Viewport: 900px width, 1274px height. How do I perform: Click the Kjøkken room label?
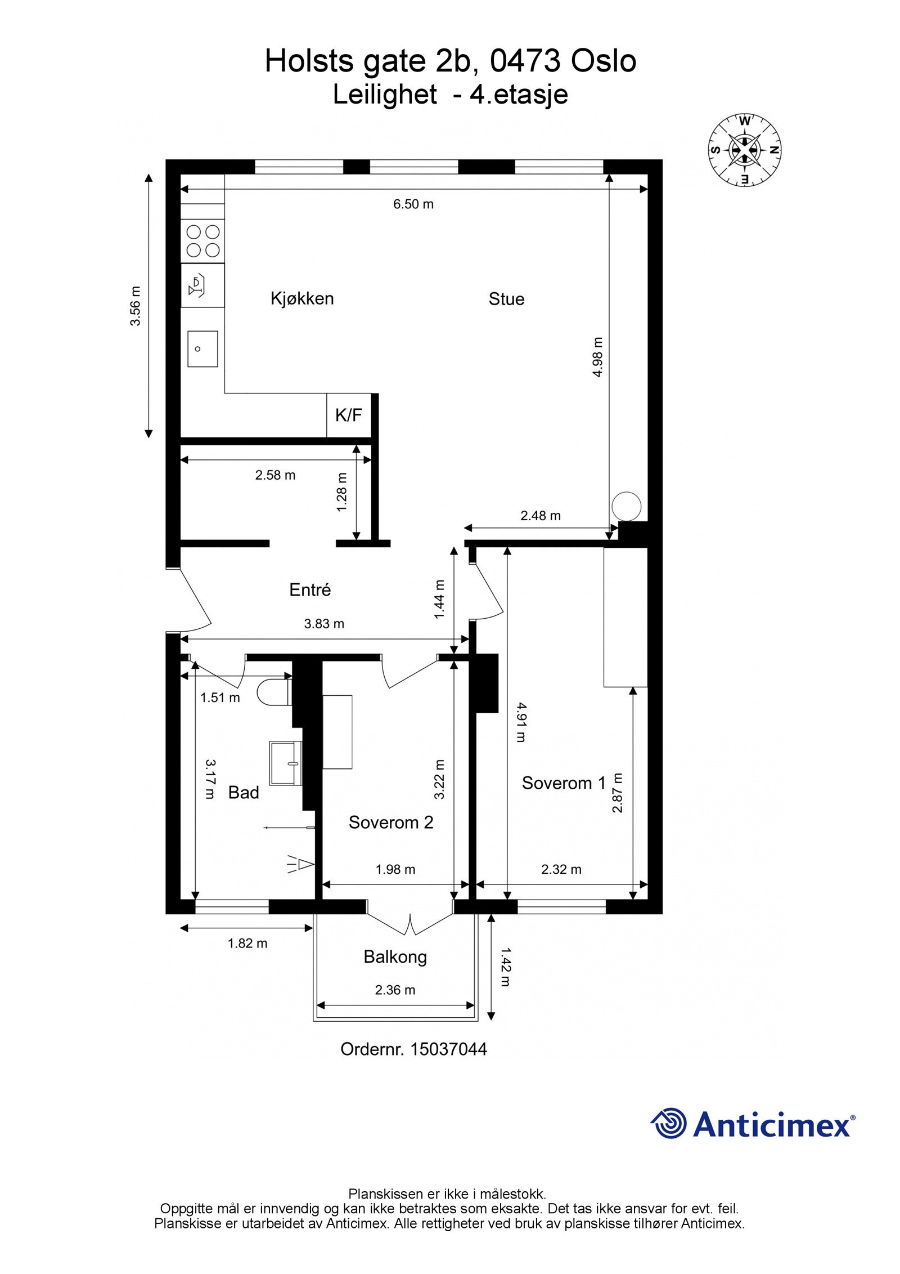coord(302,298)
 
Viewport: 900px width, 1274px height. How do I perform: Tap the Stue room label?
coord(506,299)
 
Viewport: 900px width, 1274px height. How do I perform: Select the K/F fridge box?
coord(349,415)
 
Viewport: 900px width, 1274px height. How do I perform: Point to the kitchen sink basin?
coord(202,348)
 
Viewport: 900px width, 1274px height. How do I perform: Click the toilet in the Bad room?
coord(274,692)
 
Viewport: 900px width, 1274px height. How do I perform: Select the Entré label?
coord(310,590)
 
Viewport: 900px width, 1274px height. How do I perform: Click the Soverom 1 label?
coord(564,783)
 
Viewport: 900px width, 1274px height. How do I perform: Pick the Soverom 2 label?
coord(391,822)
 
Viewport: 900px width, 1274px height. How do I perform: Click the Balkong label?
coord(395,957)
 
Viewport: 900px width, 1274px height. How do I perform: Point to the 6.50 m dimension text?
coord(413,204)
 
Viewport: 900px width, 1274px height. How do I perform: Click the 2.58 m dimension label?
coord(275,475)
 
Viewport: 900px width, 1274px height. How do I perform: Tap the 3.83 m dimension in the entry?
coord(324,624)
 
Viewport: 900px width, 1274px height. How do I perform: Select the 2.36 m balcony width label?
coord(395,990)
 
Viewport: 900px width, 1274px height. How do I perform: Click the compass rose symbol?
coord(744,150)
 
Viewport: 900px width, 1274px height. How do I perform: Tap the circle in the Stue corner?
coord(627,507)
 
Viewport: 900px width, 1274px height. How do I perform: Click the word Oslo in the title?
coord(604,61)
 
